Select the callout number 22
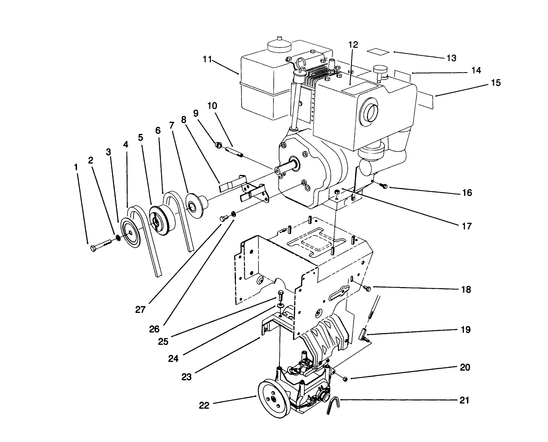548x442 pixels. tap(204, 405)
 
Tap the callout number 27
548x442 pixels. tap(140, 310)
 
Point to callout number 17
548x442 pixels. tap(466, 226)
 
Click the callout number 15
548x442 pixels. tap(496, 83)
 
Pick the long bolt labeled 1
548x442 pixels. tap(101, 246)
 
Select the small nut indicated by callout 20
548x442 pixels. tap(345, 379)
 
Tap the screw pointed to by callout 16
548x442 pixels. tap(383, 186)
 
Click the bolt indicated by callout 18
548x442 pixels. tap(367, 288)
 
